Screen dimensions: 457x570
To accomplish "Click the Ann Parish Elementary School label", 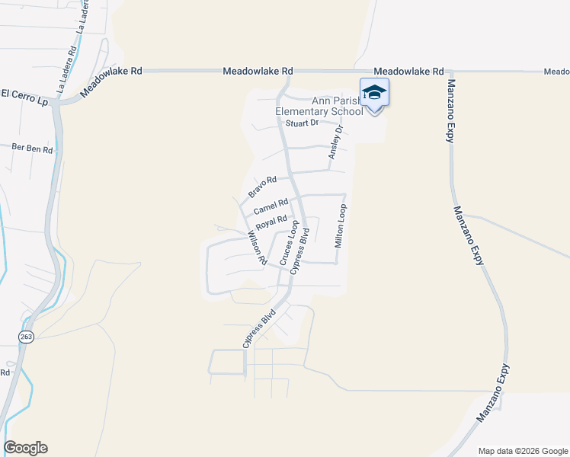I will [x=319, y=106].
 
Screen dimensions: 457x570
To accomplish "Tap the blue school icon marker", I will [x=374, y=94].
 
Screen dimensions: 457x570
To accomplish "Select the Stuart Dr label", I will [x=300, y=123].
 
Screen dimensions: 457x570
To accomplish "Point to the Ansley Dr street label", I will [x=335, y=143].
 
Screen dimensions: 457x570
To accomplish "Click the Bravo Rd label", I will [x=261, y=186].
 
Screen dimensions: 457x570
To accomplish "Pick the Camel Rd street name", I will [x=271, y=206].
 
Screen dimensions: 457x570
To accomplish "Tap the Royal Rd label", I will [x=271, y=223].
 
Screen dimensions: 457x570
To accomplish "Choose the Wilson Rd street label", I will [x=257, y=248].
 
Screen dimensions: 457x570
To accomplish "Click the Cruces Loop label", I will [x=289, y=244].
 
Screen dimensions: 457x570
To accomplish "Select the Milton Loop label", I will [x=342, y=225].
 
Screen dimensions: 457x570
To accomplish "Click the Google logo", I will [x=25, y=448].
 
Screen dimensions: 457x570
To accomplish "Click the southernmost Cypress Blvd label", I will [x=258, y=329].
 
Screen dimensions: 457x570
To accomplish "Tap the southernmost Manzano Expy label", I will [x=493, y=394].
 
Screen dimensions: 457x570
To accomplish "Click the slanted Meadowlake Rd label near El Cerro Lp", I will [x=111, y=80].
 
